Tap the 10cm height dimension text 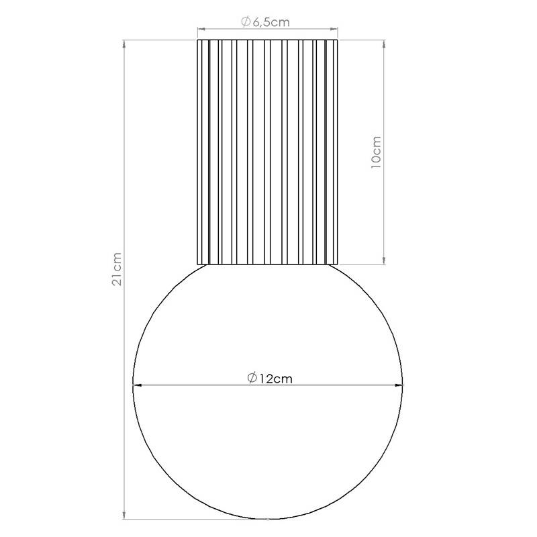(x=376, y=153)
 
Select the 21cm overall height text (x=117, y=270)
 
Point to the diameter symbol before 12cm (x=251, y=378)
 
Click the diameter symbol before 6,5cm (x=246, y=22)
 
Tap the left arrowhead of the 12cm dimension (x=137, y=385)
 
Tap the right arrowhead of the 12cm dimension (x=400, y=385)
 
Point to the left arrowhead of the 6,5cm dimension (x=200, y=29)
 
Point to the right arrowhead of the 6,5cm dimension (x=335, y=29)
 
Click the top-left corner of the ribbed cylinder (x=197, y=41)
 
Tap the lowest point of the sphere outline (x=268, y=519)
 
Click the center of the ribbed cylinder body (x=268, y=152)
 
